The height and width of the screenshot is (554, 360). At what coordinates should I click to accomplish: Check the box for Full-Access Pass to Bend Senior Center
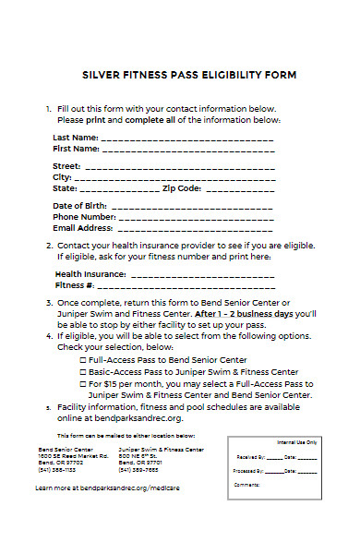pos(83,359)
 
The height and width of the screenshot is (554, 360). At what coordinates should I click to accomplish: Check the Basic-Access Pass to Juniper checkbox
pos(83,370)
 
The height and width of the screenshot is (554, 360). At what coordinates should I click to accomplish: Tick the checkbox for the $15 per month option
pos(83,382)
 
